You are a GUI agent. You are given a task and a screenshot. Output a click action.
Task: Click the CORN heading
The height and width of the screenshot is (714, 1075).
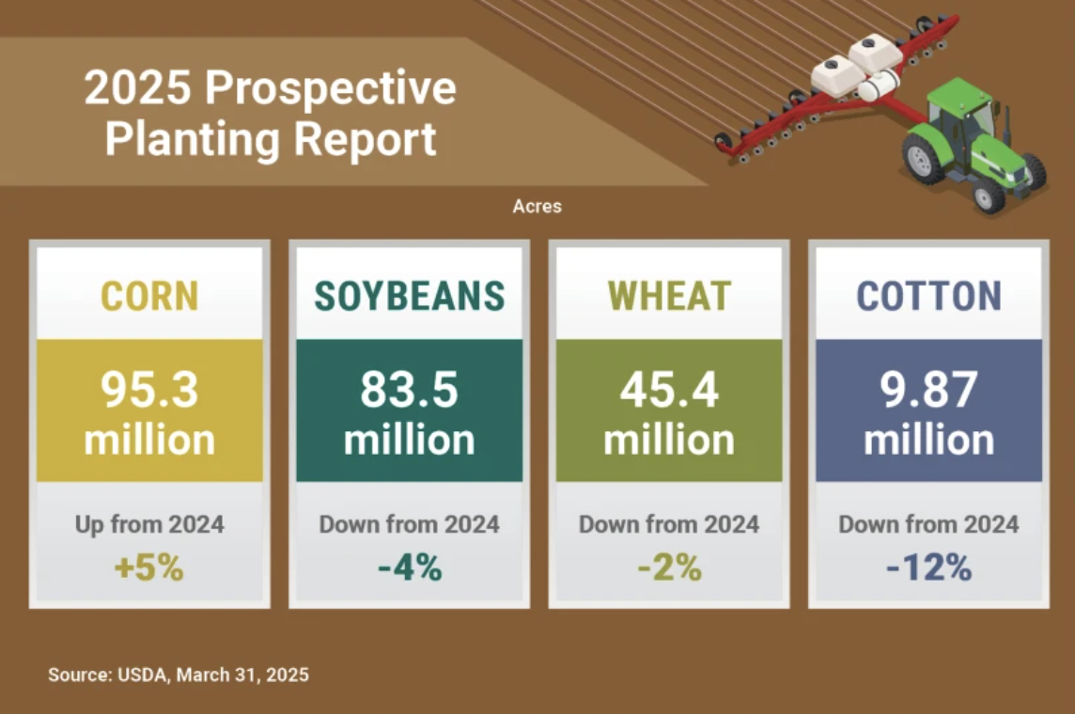(x=149, y=296)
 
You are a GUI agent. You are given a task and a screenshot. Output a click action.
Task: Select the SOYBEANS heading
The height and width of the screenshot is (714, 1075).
(x=410, y=296)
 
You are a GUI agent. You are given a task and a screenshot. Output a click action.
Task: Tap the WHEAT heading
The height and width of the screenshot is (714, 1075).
(x=669, y=296)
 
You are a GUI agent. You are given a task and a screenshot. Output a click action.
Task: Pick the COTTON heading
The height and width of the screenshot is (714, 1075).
(x=929, y=296)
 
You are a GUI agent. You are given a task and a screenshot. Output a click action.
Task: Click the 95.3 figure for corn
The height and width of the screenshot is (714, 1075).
(x=149, y=389)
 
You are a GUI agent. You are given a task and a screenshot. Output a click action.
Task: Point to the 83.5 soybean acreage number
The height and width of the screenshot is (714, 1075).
(x=410, y=389)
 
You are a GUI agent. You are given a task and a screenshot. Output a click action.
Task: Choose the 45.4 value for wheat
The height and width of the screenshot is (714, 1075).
(x=669, y=389)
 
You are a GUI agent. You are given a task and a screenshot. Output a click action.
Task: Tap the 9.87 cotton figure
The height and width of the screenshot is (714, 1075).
(x=929, y=389)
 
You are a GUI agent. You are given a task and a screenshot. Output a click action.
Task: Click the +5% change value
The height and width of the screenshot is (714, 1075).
(x=149, y=567)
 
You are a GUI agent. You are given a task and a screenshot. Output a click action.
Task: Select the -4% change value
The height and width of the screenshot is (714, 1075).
(x=410, y=567)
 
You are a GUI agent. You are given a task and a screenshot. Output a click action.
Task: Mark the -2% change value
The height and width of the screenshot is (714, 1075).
(x=669, y=567)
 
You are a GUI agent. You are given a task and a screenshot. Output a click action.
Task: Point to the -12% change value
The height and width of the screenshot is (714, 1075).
(x=929, y=567)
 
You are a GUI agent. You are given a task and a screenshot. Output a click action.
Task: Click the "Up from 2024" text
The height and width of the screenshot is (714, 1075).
(x=149, y=524)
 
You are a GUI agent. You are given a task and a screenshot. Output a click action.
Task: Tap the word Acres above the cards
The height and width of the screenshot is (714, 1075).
(x=537, y=207)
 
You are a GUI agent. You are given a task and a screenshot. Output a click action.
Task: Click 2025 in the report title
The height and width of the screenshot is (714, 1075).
(x=137, y=87)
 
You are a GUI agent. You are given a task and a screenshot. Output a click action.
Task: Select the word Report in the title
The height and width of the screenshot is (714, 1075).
(x=365, y=139)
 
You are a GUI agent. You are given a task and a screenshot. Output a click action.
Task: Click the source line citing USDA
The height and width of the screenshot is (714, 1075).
(x=179, y=675)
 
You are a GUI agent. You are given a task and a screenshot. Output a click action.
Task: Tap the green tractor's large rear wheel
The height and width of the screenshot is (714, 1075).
(x=922, y=159)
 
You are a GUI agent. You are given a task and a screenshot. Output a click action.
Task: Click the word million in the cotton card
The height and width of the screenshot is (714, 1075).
(x=929, y=440)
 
